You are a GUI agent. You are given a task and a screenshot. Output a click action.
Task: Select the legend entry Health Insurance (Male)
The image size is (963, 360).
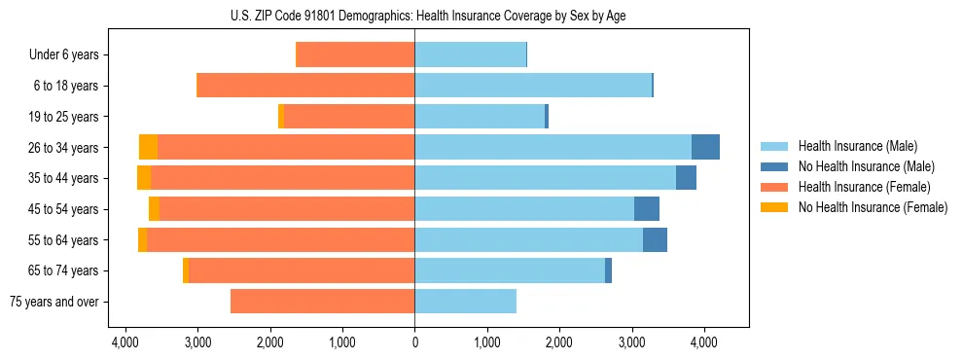[x=852, y=146]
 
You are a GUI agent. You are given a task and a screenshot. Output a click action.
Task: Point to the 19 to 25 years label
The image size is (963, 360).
[x=65, y=117]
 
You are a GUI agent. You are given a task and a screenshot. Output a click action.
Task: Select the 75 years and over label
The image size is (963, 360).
[x=53, y=302]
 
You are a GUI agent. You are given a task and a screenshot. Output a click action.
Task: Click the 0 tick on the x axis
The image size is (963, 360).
[x=414, y=342]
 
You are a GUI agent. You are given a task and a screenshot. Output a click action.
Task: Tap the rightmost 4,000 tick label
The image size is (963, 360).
[x=703, y=342]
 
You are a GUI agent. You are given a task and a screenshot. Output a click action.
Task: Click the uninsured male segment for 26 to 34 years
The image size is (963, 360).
[x=705, y=147]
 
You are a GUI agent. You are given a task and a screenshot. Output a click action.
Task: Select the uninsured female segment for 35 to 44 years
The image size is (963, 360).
[x=144, y=178]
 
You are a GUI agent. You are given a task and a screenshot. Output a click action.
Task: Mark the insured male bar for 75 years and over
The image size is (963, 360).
[x=465, y=302]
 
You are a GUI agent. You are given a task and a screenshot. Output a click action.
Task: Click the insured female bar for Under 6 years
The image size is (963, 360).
[x=355, y=55]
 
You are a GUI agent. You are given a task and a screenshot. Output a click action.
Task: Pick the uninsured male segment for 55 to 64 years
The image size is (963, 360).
[x=655, y=239]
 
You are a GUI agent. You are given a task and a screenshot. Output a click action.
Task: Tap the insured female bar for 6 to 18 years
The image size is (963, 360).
[x=305, y=86]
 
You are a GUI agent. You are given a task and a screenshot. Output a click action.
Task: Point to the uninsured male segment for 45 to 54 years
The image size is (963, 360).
[x=647, y=209]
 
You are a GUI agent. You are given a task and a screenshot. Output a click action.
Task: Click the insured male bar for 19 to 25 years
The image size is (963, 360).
[x=480, y=117]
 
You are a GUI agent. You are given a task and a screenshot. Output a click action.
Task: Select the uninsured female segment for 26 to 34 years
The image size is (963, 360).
[x=148, y=147]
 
